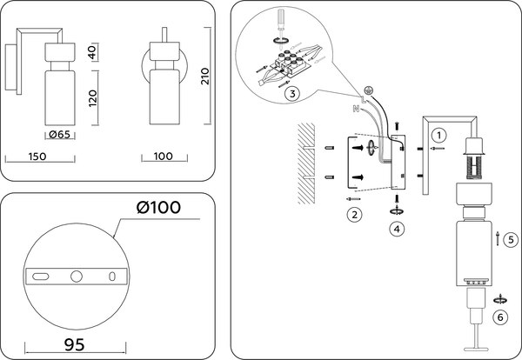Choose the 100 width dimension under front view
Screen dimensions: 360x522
[x=164, y=157]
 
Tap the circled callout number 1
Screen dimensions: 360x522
[x=440, y=135]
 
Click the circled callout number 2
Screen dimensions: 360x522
[x=353, y=213]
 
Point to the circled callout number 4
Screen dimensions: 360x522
[x=397, y=230]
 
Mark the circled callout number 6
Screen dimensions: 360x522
[x=499, y=317]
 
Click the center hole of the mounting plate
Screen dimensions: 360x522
[x=77, y=277]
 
